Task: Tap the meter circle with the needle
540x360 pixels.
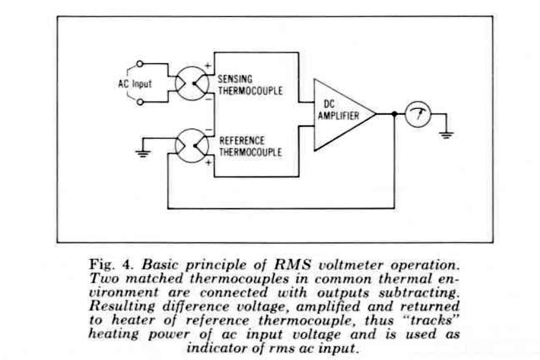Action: tap(418, 114)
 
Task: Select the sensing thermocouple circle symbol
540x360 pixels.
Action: tap(192, 84)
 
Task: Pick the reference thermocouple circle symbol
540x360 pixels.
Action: tap(192, 146)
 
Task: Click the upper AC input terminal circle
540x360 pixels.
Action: tap(140, 65)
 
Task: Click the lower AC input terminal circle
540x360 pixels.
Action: tap(140, 102)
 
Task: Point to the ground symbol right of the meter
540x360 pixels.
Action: tap(446, 134)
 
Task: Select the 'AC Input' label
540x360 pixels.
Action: tap(134, 84)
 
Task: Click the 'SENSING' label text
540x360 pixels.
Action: tap(236, 79)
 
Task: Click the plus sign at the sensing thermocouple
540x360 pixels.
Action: tap(207, 67)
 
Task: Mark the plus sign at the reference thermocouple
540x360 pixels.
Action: tap(208, 163)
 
